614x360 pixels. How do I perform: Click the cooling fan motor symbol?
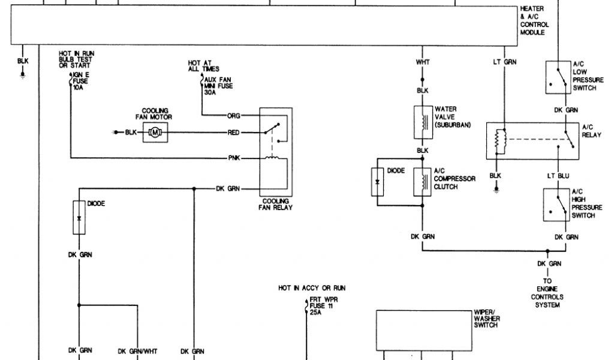click(x=155, y=132)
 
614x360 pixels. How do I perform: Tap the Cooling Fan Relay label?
click(x=276, y=205)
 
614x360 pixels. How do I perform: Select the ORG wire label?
click(x=233, y=115)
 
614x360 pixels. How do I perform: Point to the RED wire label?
click(x=234, y=132)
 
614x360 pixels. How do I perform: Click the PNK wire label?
click(x=234, y=158)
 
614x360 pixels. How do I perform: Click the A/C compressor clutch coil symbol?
click(x=422, y=182)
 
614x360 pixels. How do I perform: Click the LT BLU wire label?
click(x=558, y=176)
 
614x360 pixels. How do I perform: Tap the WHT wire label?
click(x=422, y=62)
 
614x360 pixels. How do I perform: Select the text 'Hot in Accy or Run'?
click(x=312, y=288)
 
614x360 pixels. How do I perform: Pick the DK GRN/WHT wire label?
click(x=137, y=351)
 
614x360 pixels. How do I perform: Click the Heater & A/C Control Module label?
click(x=533, y=20)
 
